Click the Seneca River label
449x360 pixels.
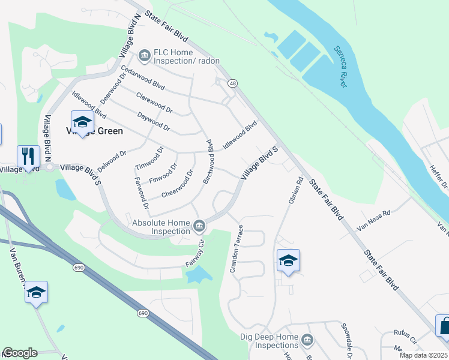click(x=341, y=66)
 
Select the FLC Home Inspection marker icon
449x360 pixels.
click(x=144, y=56)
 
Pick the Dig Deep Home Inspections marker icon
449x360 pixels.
click(x=307, y=341)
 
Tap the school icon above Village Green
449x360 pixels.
click(x=82, y=121)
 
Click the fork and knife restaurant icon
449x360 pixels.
click(x=28, y=155)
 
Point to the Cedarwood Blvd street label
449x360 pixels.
click(x=142, y=77)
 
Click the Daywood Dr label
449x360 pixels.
click(x=154, y=122)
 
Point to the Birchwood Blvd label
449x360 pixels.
click(x=210, y=161)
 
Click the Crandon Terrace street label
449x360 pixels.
click(x=237, y=248)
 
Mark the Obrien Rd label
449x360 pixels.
click(x=294, y=189)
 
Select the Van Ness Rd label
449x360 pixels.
click(x=373, y=221)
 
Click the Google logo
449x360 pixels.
click(x=20, y=353)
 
